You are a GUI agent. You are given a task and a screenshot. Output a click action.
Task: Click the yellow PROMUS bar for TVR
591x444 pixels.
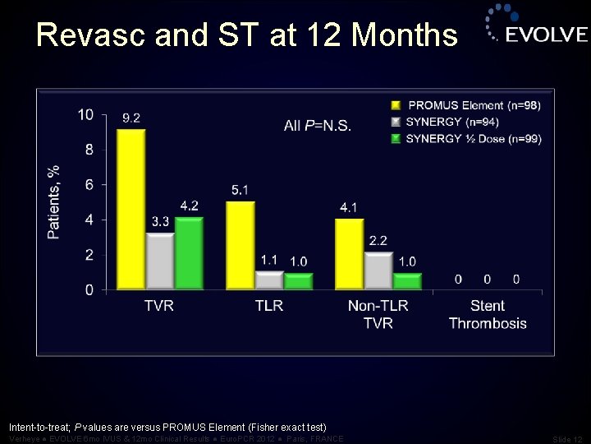131,209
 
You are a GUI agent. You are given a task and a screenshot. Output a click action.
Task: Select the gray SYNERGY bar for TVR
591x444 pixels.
159,261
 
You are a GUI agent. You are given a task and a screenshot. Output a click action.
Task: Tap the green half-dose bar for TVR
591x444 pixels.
188,253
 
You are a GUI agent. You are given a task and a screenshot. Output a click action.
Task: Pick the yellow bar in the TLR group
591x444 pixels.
240,245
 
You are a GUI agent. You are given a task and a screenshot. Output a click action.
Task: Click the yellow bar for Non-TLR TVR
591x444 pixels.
349,254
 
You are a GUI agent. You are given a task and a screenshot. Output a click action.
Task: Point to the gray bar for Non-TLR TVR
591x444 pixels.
378,271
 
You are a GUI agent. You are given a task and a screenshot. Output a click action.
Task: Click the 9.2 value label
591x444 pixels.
131,118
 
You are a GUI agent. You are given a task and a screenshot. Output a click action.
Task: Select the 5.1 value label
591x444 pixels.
240,190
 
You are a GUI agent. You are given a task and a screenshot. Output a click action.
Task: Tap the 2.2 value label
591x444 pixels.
378,241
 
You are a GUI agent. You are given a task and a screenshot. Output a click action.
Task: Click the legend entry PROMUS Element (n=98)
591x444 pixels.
474,105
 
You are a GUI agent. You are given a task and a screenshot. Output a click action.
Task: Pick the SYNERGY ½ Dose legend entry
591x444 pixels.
474,138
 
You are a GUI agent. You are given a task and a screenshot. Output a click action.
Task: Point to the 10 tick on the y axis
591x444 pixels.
85,114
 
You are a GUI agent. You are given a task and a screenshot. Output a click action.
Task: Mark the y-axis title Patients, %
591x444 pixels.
54,202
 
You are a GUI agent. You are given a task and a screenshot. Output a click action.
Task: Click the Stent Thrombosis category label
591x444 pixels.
488,315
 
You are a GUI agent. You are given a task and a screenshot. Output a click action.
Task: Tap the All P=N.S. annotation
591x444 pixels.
317,126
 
